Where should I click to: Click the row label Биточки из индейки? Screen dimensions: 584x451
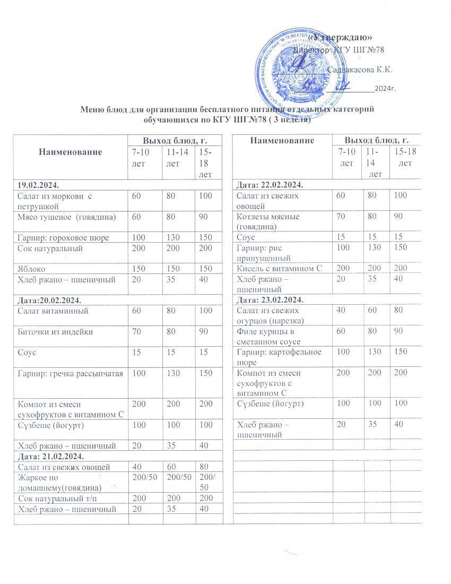tap(56, 332)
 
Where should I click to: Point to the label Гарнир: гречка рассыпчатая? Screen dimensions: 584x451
tap(71, 373)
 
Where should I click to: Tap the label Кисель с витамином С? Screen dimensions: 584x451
tap(280, 269)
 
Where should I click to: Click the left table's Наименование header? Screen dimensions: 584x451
tap(70, 152)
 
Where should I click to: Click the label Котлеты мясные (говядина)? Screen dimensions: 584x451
tap(268, 221)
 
